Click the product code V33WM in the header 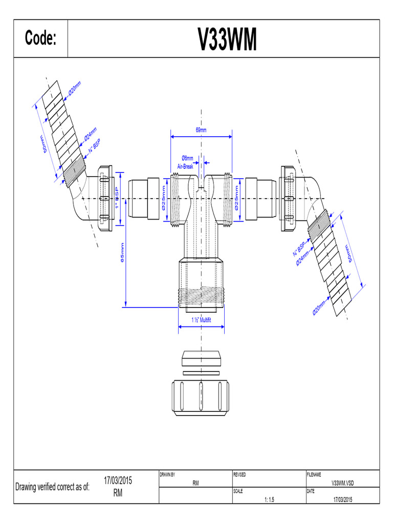click(x=227, y=39)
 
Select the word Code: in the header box click(x=40, y=39)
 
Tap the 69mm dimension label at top click(x=201, y=130)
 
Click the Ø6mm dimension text click(x=187, y=158)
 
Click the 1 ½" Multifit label click(x=201, y=320)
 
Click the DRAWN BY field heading click(x=167, y=475)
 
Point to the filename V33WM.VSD click(x=342, y=483)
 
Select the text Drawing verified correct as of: click(x=53, y=487)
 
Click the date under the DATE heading click(x=342, y=499)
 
